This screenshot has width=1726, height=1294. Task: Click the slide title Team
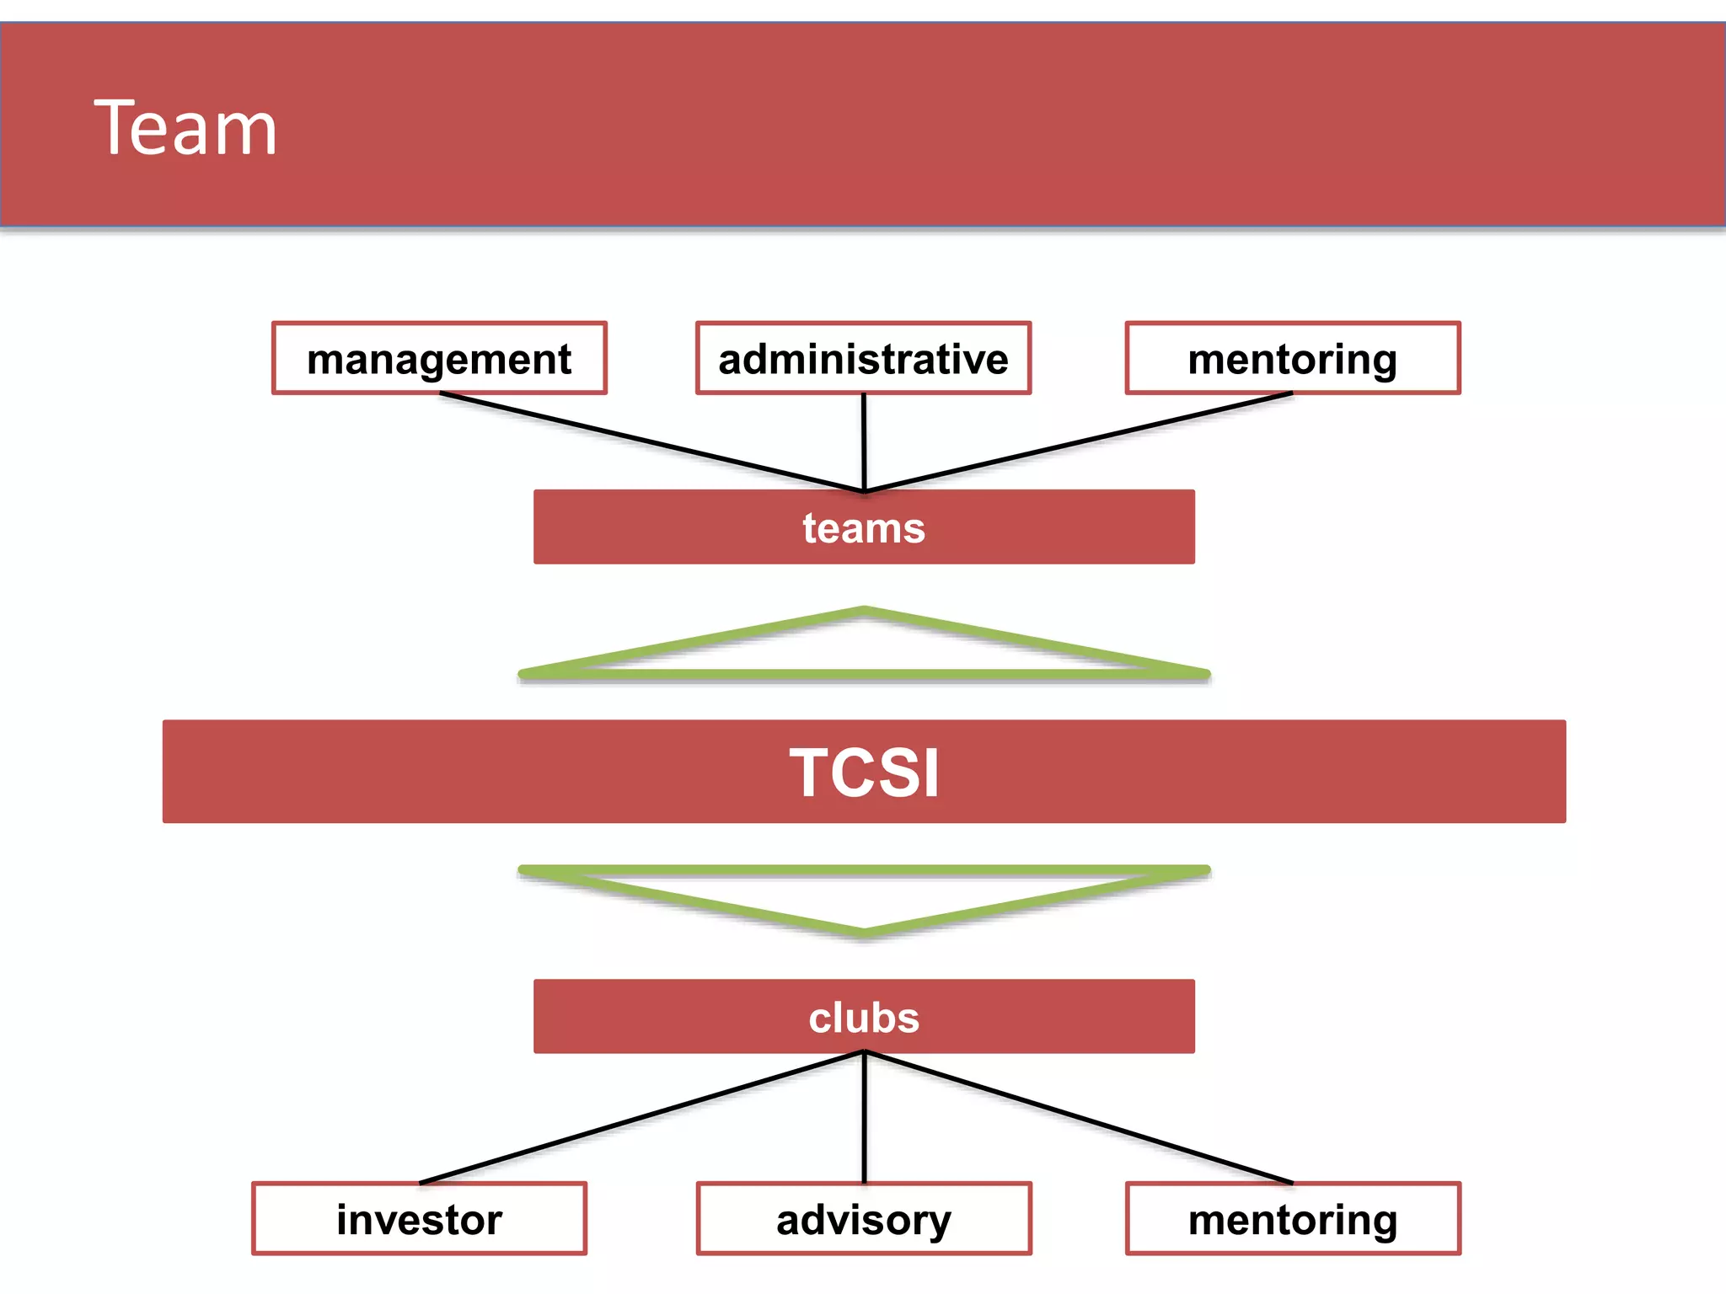185,128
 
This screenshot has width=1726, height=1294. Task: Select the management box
439,359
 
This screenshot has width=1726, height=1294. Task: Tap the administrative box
863,359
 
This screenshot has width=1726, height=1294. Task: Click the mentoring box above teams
1292,359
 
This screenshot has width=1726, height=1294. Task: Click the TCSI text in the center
864,773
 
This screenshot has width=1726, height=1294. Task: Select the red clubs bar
864,1017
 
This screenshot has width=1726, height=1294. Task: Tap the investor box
419,1219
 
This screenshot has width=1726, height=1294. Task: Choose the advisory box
864,1219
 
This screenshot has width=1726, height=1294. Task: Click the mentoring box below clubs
1292,1219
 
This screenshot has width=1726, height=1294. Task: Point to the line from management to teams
651,442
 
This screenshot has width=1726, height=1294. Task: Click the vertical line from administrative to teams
864,442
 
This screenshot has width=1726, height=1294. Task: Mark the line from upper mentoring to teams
1079,442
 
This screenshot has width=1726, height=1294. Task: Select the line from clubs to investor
641,1118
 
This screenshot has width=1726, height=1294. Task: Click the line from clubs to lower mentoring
1079,1118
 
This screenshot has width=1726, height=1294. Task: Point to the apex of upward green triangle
864,610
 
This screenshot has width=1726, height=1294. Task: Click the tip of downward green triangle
864,933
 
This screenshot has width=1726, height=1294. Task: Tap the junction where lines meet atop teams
864,489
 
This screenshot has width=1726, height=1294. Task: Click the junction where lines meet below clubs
864,1052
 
